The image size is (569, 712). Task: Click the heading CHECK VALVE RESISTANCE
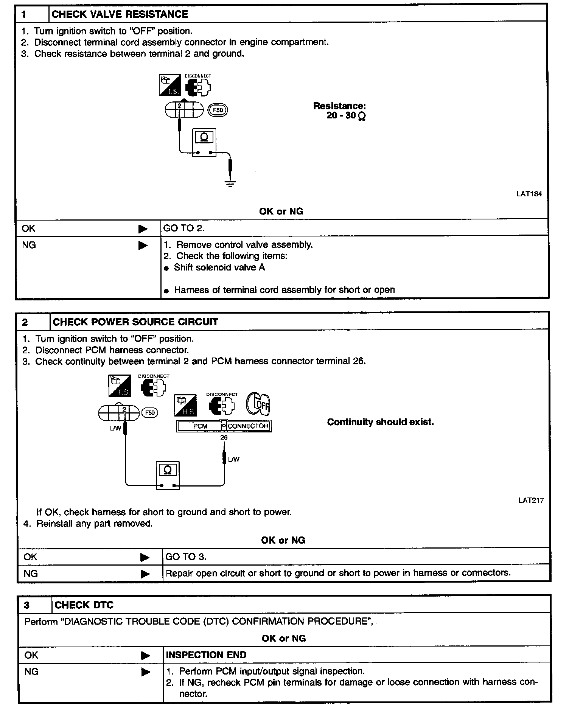tap(120, 14)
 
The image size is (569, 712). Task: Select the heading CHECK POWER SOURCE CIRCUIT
tap(135, 322)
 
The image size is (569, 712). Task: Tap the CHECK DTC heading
tap(84, 605)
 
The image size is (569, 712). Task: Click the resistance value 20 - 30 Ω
tap(346, 116)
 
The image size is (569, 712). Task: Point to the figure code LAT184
tap(529, 194)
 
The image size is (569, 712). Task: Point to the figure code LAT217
tap(531, 501)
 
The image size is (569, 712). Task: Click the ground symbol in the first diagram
tap(230, 184)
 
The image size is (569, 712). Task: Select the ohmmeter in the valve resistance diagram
tap(204, 142)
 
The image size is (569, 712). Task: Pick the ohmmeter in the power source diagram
tap(168, 475)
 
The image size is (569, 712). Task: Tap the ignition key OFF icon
tap(259, 404)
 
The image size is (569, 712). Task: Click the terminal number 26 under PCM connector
tap(224, 438)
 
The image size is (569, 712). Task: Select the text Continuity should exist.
tap(380, 422)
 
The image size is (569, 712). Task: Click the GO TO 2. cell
tap(183, 228)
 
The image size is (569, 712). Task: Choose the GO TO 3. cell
tap(186, 557)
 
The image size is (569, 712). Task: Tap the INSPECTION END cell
tap(206, 655)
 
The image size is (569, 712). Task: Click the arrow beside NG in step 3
tap(145, 672)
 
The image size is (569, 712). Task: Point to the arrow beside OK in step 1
tap(143, 229)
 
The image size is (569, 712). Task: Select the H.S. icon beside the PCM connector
tap(185, 405)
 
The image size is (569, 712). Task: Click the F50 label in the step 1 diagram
tap(218, 110)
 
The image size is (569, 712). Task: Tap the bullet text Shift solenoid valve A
tap(219, 267)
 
